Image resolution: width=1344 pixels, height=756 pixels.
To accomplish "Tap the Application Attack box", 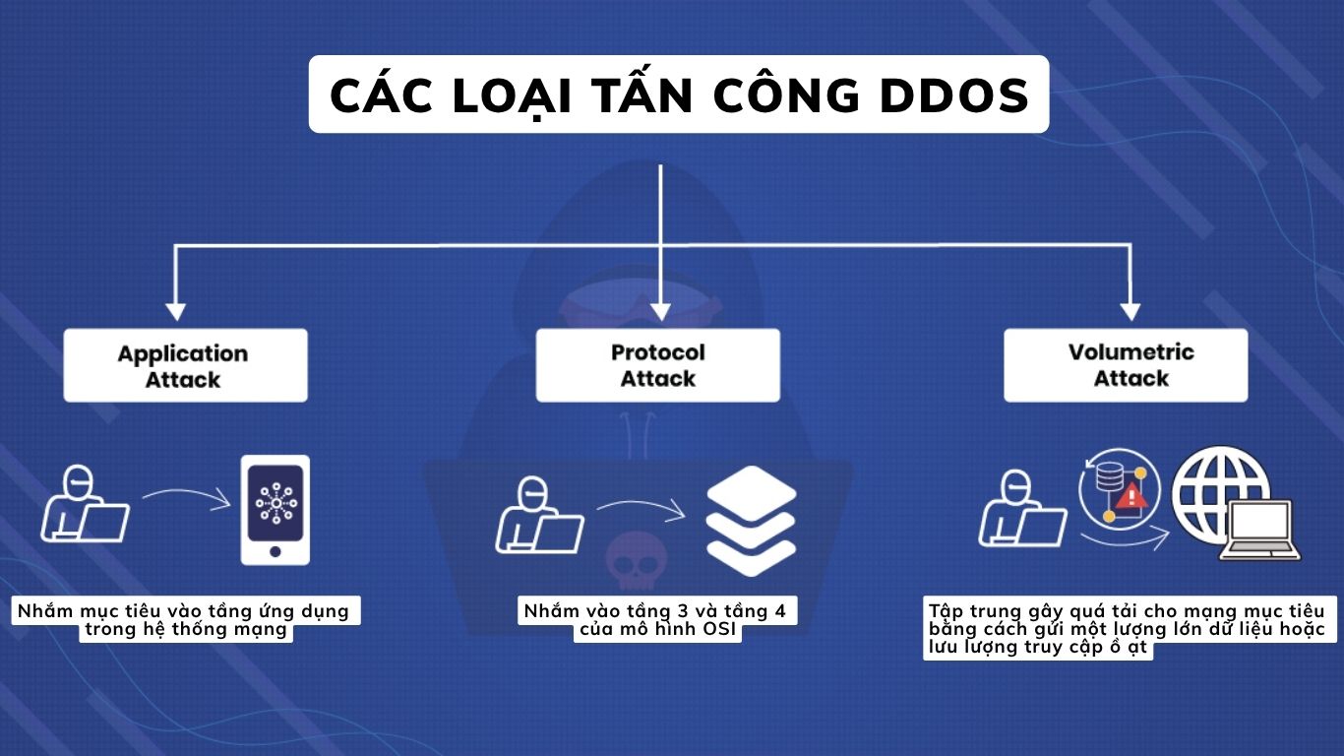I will tap(185, 366).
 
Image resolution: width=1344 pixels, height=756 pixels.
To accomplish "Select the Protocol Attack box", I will tap(657, 365).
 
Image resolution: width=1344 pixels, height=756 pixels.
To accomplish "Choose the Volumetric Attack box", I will tap(1126, 365).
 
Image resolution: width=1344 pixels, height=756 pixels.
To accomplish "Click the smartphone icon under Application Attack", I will tap(275, 509).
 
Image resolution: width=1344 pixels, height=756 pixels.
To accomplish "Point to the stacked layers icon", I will tap(751, 520).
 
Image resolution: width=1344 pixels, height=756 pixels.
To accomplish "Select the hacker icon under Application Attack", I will tap(84, 504).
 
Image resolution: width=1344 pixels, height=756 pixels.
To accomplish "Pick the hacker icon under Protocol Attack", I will tap(537, 515).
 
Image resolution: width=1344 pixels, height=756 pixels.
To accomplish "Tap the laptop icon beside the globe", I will tap(1260, 532).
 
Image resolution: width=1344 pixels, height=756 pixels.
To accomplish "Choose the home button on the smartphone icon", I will tap(275, 551).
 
